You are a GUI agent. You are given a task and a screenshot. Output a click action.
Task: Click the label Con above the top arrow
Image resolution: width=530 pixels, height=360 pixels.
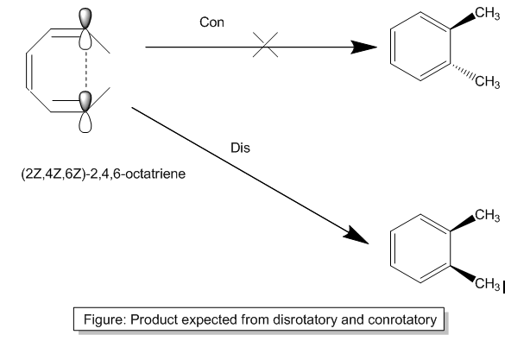(211, 22)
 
